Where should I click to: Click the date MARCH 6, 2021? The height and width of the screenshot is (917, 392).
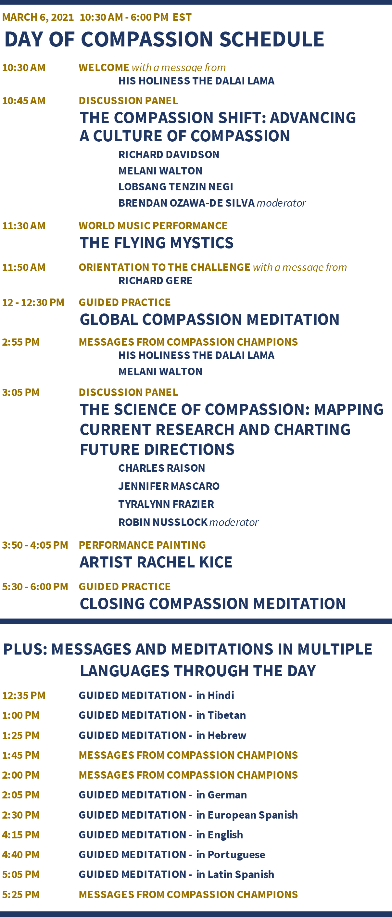(x=38, y=17)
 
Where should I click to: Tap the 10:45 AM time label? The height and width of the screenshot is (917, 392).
(x=24, y=101)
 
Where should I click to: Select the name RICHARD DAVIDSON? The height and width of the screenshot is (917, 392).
(x=169, y=155)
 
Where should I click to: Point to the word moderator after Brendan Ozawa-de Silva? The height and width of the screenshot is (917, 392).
(x=281, y=203)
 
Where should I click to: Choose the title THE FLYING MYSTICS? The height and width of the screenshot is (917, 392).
(x=157, y=243)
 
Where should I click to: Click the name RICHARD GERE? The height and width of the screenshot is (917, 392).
(x=155, y=281)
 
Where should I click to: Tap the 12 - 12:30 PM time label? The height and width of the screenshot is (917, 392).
(x=33, y=303)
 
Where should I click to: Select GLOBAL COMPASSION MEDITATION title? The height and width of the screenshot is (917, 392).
(x=209, y=319)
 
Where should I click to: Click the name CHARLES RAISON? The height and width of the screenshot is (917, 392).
(x=162, y=468)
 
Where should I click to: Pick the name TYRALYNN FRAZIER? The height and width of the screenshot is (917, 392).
(x=166, y=504)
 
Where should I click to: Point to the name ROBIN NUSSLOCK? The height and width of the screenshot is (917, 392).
(x=163, y=522)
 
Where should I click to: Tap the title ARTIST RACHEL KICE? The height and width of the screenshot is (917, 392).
(x=156, y=562)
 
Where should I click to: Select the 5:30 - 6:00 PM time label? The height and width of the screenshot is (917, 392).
(x=35, y=587)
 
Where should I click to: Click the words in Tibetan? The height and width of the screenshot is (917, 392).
(x=221, y=715)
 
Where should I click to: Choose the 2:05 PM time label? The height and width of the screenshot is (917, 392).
(x=21, y=795)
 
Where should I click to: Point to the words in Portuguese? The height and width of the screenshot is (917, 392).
(x=231, y=854)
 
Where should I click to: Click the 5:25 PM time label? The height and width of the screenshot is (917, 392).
(x=21, y=894)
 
